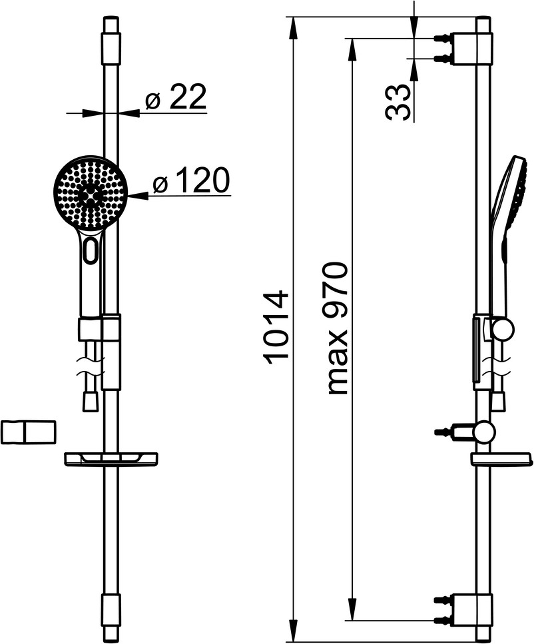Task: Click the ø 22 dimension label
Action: pos(175,97)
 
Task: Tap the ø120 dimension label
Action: pos(190,180)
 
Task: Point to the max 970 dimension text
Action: pos(338,328)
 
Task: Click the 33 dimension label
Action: pos(398,103)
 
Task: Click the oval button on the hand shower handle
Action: pos(91,250)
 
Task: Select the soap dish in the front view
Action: pos(111,458)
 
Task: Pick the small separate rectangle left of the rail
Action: pos(28,432)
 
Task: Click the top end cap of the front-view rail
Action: pos(111,40)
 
